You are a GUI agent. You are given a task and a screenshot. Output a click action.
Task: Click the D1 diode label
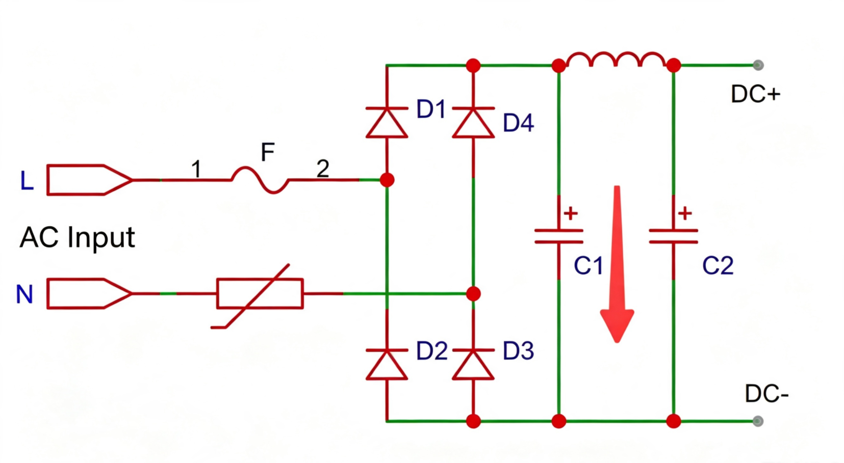pyautogui.click(x=431, y=109)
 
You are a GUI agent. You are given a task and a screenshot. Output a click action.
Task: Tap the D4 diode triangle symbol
pyautogui.click(x=473, y=123)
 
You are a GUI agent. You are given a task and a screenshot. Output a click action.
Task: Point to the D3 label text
pyautogui.click(x=519, y=351)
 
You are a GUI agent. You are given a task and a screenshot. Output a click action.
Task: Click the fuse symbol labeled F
pyautogui.click(x=260, y=180)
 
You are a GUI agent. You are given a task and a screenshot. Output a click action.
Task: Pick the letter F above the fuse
pyautogui.click(x=268, y=152)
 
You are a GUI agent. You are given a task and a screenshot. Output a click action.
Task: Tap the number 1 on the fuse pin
pyautogui.click(x=196, y=169)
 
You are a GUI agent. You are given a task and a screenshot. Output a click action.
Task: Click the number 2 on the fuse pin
pyautogui.click(x=323, y=168)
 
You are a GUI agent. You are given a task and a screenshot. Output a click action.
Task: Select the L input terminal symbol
pyautogui.click(x=89, y=180)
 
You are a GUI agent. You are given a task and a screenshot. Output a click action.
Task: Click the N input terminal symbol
pyautogui.click(x=89, y=293)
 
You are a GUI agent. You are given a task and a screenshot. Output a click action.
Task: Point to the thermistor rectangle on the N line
pyautogui.click(x=260, y=294)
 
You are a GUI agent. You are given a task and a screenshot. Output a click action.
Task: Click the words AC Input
pyautogui.click(x=77, y=238)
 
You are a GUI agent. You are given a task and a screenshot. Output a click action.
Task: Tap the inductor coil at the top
pyautogui.click(x=616, y=60)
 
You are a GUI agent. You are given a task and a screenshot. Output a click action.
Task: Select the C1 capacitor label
pyautogui.click(x=588, y=265)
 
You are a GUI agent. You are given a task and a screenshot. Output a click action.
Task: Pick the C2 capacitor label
pyautogui.click(x=718, y=265)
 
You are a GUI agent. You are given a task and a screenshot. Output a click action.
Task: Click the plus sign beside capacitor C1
pyautogui.click(x=571, y=213)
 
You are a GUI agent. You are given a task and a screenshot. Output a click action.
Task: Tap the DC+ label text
pyautogui.click(x=755, y=94)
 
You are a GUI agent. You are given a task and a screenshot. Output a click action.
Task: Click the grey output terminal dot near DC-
pyautogui.click(x=758, y=421)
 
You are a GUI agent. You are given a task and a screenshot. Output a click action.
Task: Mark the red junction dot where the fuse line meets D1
pyautogui.click(x=387, y=180)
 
